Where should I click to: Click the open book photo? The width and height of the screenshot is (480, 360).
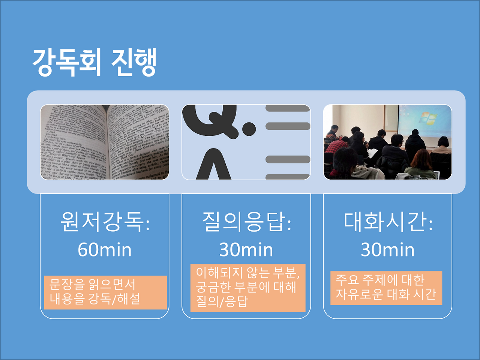105,142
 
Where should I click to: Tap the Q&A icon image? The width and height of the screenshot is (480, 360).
246,142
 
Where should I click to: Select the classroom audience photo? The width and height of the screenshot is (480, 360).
387,142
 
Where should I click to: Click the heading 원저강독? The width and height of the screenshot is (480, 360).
105,222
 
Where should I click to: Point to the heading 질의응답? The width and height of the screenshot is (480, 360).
246,222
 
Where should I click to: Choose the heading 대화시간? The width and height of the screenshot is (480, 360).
388,222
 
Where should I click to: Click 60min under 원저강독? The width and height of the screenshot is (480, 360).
105,250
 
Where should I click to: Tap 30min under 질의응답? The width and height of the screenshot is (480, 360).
246,250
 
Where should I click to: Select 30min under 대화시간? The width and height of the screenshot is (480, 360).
387,250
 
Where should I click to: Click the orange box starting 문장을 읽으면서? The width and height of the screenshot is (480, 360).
105,292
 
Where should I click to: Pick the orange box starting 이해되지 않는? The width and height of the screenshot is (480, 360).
248,288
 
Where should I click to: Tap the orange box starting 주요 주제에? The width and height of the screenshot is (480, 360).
386,288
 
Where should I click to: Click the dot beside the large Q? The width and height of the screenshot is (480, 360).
249,128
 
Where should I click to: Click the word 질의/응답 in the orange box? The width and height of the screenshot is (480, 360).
222,301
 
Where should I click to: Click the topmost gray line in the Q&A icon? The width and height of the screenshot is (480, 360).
288,108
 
